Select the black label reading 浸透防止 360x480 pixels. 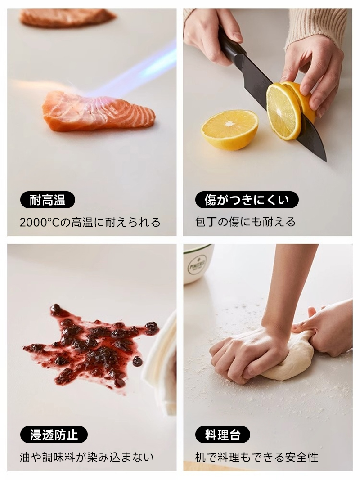[54, 435]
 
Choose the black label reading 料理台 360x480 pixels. [223, 435]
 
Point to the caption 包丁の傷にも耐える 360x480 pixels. [246, 222]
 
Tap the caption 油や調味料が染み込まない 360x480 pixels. [87, 458]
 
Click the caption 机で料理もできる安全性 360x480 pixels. [257, 458]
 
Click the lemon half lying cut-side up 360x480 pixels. [229, 130]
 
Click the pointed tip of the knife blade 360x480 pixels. [326, 160]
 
